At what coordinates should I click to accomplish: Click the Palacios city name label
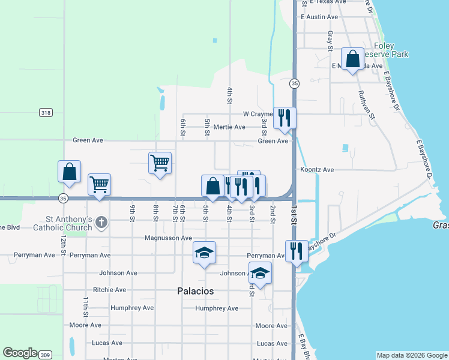pyautogui.click(x=196, y=291)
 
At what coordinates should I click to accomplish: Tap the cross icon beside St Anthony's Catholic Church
pyautogui.click(x=101, y=223)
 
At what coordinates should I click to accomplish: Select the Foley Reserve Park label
pyautogui.click(x=391, y=50)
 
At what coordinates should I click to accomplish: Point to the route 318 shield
pyautogui.click(x=45, y=112)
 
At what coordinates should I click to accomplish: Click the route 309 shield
pyautogui.click(x=45, y=355)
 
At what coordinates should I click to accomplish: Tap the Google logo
pyautogui.click(x=20, y=353)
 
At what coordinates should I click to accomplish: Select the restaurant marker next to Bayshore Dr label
pyautogui.click(x=297, y=251)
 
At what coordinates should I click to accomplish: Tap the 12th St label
pyautogui.click(x=62, y=243)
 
